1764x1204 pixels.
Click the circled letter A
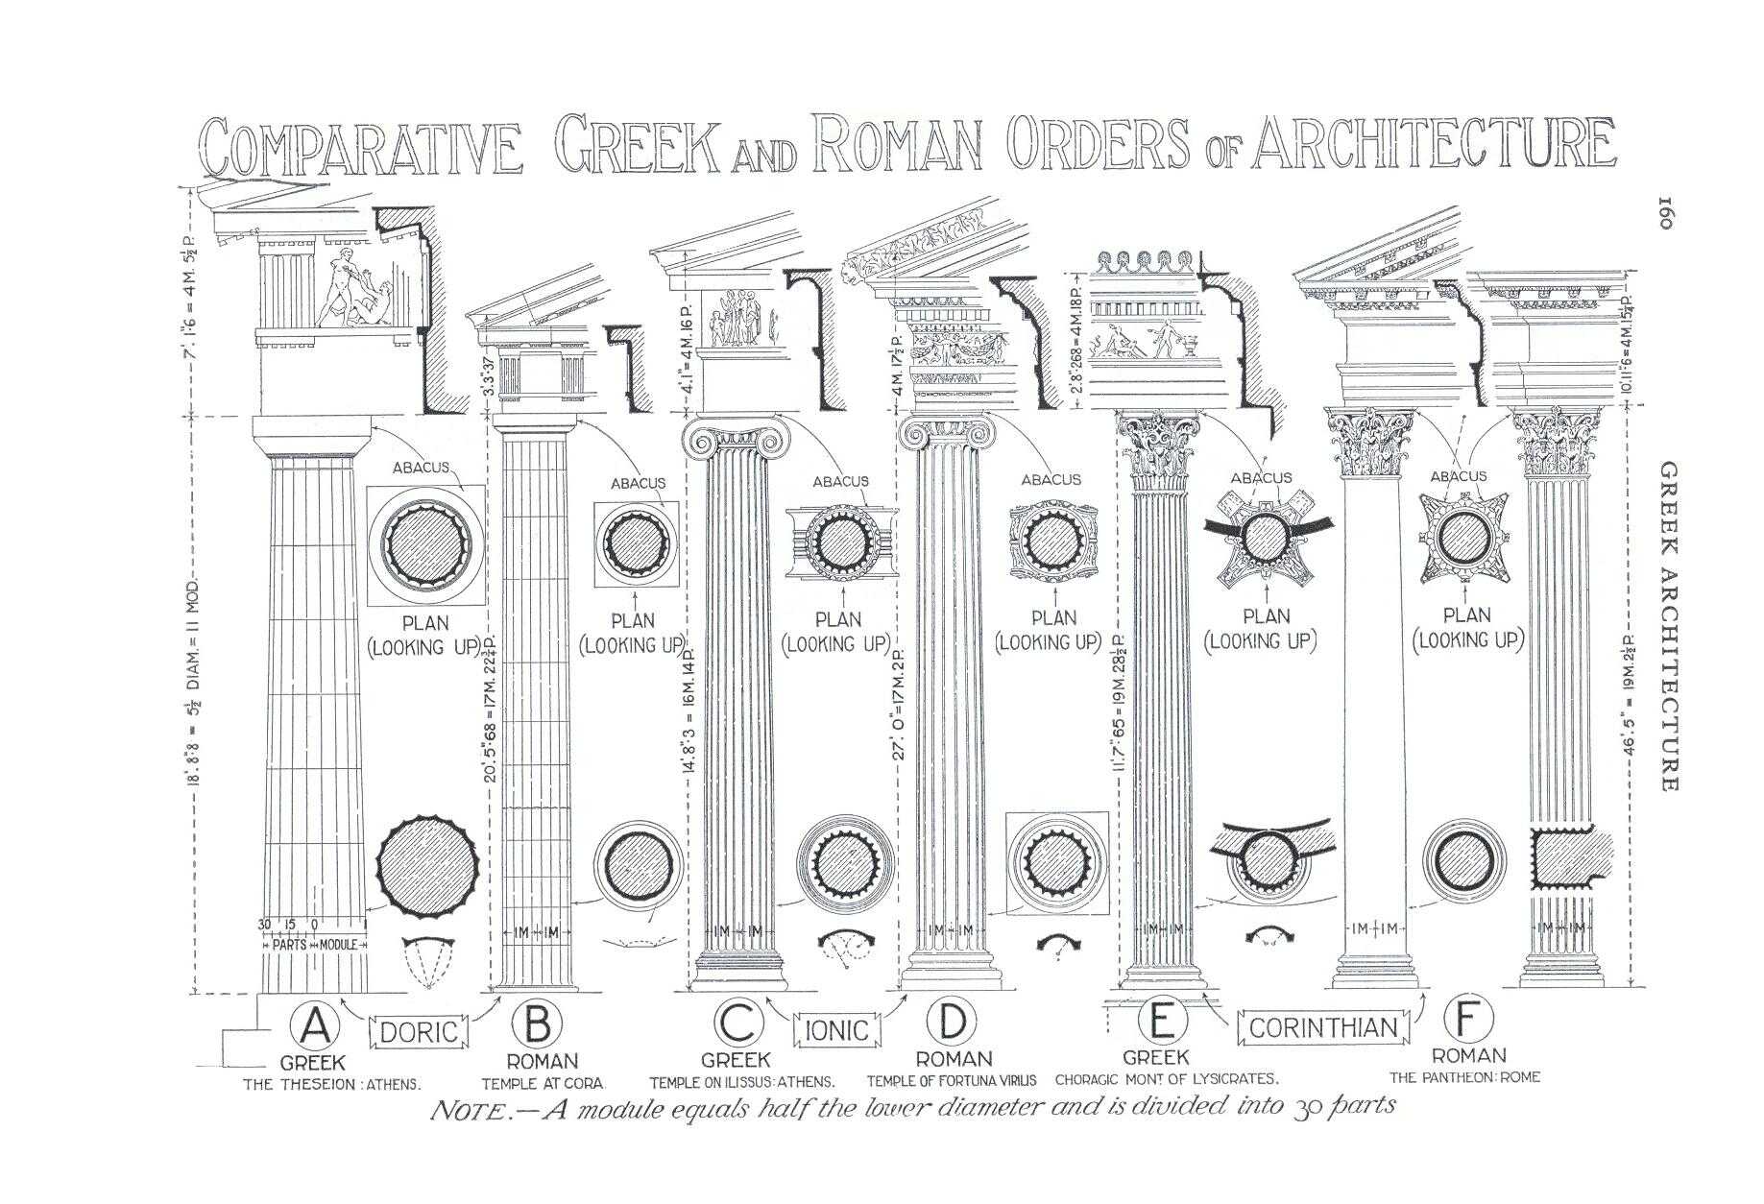315,1026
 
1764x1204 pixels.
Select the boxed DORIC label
419,1032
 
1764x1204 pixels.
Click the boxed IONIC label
835,1031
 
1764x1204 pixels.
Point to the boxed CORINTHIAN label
1322,1027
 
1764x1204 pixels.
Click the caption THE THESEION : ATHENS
331,1084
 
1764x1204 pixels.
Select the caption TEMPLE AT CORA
542,1083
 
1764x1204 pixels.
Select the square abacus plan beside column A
426,544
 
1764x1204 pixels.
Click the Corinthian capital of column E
1159,445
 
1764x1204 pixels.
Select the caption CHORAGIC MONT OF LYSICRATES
1167,1079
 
